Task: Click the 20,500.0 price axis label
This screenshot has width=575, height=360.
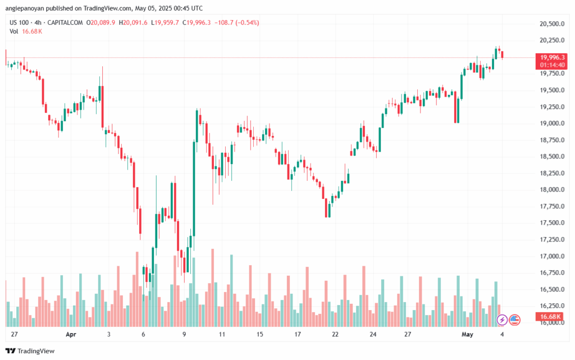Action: (x=549, y=24)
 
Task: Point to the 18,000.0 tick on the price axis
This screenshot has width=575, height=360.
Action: (x=549, y=190)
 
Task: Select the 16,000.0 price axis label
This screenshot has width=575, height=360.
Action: (x=549, y=323)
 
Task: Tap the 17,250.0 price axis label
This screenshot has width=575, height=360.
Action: (x=549, y=240)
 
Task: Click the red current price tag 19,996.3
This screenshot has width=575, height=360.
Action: (x=553, y=57)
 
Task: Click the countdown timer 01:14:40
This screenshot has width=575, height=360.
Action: (x=553, y=65)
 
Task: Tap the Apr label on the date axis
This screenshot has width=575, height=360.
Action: (x=71, y=334)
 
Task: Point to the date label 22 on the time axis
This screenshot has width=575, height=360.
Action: (x=335, y=334)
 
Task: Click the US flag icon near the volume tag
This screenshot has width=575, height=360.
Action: (x=514, y=320)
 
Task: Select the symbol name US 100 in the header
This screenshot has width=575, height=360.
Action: (x=20, y=22)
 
